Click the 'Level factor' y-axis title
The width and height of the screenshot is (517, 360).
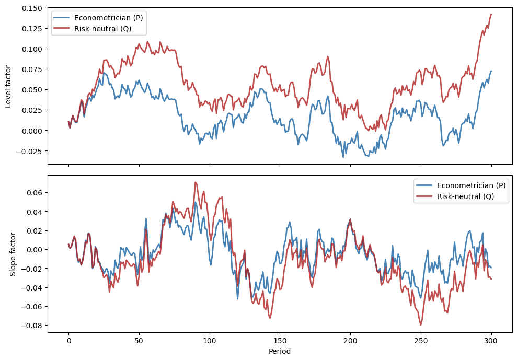(x=8, y=86)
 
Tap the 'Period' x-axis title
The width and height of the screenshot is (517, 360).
(x=280, y=351)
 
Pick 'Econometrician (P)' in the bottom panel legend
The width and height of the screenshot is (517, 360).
(x=471, y=185)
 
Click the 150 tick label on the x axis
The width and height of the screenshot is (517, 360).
(x=280, y=340)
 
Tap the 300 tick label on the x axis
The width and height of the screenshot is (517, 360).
(x=491, y=340)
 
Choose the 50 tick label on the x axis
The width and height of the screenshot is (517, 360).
(x=139, y=340)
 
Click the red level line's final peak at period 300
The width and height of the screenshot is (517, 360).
(x=491, y=14)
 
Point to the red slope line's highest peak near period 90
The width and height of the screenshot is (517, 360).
(x=195, y=182)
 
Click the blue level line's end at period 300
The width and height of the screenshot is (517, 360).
(x=491, y=71)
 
